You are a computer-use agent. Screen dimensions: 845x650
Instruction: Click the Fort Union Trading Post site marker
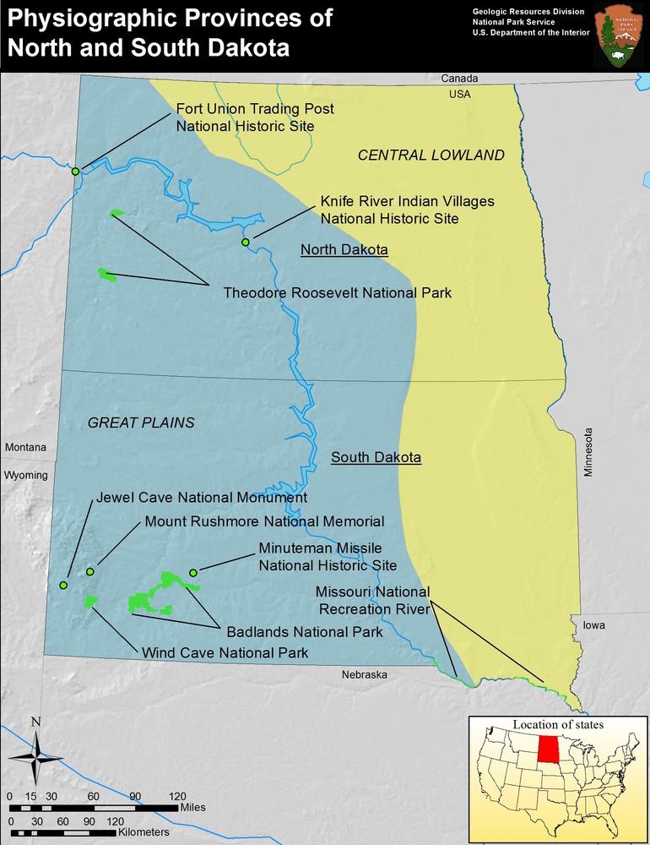click(76, 172)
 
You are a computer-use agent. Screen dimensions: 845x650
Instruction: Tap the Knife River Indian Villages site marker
click(246, 243)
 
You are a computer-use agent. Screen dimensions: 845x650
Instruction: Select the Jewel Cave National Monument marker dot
click(63, 585)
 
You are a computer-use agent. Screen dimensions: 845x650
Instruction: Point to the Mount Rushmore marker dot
click(90, 572)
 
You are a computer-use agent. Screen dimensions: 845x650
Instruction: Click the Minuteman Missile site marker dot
click(193, 573)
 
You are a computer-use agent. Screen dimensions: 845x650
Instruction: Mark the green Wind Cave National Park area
click(90, 601)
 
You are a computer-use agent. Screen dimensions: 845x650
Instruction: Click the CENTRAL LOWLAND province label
click(431, 155)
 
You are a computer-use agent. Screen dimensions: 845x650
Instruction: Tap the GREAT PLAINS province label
click(141, 422)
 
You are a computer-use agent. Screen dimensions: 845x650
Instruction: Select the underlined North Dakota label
click(344, 250)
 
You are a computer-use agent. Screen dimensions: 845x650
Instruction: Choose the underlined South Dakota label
click(376, 457)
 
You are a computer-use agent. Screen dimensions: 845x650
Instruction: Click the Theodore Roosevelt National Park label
click(337, 293)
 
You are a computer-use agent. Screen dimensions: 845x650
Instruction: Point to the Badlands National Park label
click(304, 631)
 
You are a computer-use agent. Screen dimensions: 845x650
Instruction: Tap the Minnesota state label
click(589, 452)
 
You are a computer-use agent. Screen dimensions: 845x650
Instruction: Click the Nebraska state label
click(364, 674)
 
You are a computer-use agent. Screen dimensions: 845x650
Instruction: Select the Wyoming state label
click(25, 475)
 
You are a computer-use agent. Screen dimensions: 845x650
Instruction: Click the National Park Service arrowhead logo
click(616, 35)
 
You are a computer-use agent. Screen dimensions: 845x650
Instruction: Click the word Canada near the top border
click(459, 79)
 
